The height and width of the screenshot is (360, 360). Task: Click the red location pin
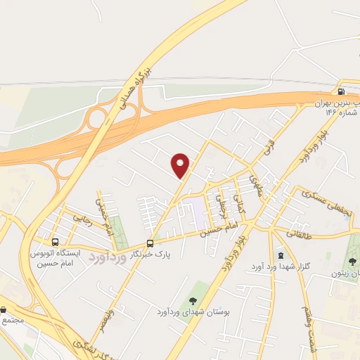[181, 165]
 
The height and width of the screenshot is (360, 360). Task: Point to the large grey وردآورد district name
[116, 259]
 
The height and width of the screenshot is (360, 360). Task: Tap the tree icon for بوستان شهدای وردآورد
[193, 301]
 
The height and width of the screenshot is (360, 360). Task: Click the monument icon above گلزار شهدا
[281, 255]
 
